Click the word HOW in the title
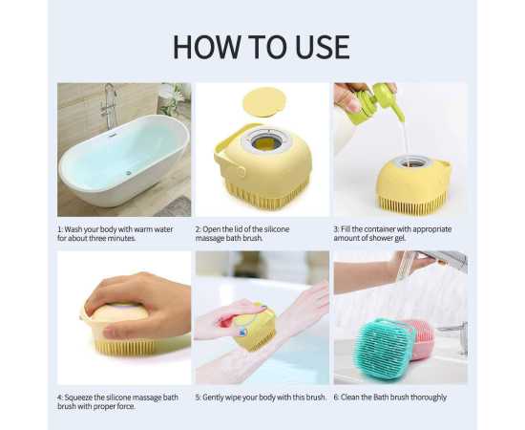(x=206, y=47)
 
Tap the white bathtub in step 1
(x=124, y=160)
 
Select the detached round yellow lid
(x=264, y=102)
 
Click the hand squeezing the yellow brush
(x=138, y=303)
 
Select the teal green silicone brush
(x=385, y=349)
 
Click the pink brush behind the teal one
(x=421, y=339)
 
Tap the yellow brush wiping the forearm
(x=255, y=325)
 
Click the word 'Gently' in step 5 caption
(x=213, y=398)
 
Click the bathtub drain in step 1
(x=128, y=173)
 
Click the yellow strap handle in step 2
(x=228, y=151)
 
